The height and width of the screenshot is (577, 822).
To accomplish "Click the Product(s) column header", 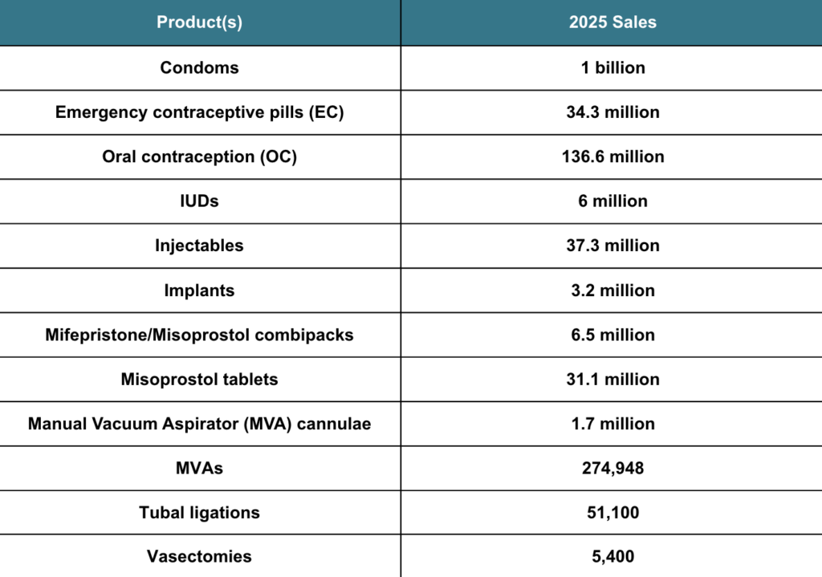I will coord(199,22).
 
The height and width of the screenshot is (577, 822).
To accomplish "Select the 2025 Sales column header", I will coord(612,22).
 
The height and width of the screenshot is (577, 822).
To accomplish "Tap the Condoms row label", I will coord(199,67).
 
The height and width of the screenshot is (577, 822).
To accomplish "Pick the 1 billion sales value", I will coord(612,67).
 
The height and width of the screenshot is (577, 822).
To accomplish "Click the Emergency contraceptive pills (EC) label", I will coord(199,112).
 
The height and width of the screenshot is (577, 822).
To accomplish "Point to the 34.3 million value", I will coord(612,112).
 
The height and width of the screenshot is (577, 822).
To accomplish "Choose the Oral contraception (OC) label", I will coord(199,156).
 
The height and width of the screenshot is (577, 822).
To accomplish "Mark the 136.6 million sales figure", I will coord(612,156).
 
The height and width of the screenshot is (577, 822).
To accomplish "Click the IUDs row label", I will coord(199,201).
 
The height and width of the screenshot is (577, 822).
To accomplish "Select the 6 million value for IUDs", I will coord(612,201).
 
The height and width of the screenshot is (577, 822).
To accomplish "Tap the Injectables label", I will coord(199,246).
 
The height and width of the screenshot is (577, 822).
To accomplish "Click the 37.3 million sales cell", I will coord(612,246).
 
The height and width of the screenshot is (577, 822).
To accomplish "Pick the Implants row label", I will coord(199,291).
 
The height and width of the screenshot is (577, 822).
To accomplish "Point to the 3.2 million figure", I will coord(612,291).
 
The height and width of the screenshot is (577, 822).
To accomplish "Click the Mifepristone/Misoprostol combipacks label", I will coord(199,335).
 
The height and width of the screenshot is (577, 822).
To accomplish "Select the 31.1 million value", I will coord(612,379).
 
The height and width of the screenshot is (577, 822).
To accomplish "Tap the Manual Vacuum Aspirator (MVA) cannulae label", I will coord(199,424).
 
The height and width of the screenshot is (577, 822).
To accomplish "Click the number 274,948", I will coord(612,468).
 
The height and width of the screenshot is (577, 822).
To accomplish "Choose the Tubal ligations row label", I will coord(199,512).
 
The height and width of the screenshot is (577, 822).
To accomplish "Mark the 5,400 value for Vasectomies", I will coord(612,556).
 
